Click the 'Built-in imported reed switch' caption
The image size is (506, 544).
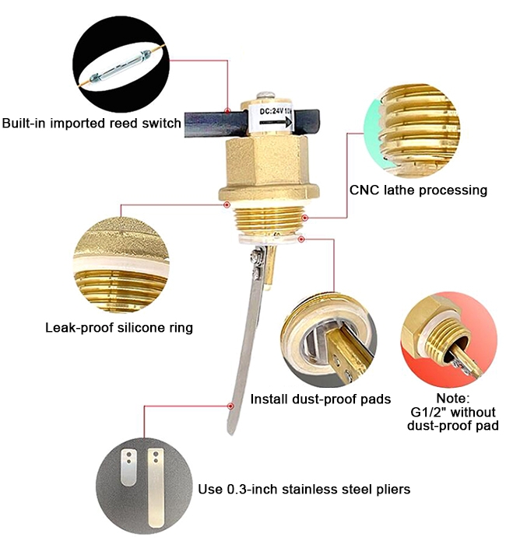(x=91, y=123)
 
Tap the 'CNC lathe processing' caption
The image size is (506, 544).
(x=418, y=190)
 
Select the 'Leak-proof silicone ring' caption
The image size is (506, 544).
(x=118, y=327)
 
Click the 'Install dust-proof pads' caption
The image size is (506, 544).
(x=320, y=399)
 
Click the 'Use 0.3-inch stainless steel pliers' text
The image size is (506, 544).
(x=304, y=489)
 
